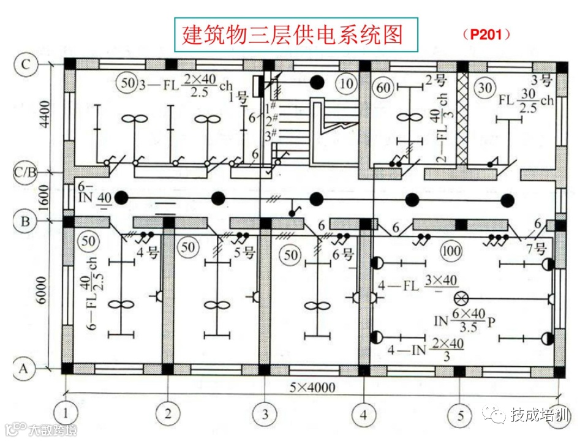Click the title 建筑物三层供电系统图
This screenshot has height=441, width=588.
point(293,34)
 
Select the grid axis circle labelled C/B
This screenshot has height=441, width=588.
point(26,173)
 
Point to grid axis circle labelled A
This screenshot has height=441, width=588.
point(24,369)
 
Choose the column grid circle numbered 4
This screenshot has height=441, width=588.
point(363,415)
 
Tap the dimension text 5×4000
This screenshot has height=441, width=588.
point(311,387)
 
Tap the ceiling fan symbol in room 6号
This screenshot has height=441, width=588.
point(316,304)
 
